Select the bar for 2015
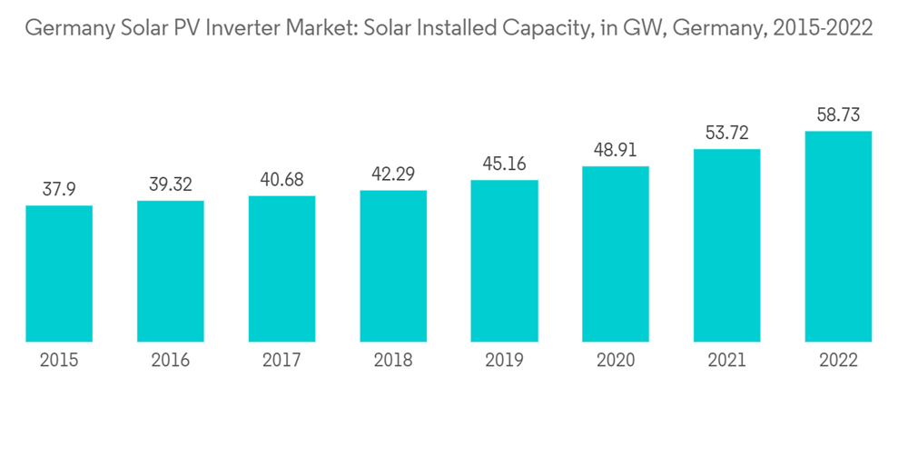59,274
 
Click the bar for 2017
281,269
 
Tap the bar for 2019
504,261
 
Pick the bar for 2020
616,254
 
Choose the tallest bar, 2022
838,236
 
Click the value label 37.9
59,189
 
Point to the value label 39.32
171,184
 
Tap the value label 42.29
393,174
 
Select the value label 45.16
504,164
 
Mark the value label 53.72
726,133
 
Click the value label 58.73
838,115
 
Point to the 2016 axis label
171,361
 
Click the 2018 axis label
393,361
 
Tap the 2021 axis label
726,361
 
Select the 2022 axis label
838,361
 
